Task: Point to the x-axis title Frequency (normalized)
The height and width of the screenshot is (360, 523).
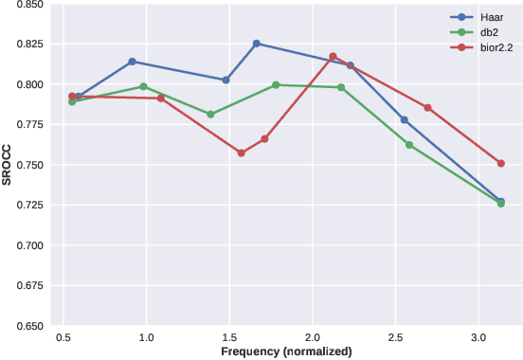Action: (x=286, y=351)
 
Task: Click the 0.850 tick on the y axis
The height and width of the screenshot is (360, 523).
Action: (x=28, y=5)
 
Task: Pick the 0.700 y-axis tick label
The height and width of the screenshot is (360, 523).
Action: (x=28, y=245)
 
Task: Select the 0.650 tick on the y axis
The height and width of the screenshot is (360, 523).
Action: (x=28, y=326)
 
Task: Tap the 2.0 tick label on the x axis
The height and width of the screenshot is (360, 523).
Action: (x=312, y=337)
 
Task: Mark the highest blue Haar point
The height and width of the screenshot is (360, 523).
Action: (x=256, y=44)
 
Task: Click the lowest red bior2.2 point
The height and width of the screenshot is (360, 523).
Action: (x=241, y=153)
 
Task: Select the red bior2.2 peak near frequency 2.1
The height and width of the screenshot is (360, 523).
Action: (x=333, y=57)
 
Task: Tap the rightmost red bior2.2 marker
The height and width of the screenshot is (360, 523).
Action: (x=501, y=163)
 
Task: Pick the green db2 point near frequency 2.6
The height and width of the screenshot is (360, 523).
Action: (x=409, y=145)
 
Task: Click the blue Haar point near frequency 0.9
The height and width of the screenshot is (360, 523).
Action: (x=132, y=62)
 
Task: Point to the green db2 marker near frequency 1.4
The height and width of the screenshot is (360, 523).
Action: (x=210, y=115)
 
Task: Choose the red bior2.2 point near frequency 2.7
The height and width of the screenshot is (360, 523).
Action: (x=427, y=108)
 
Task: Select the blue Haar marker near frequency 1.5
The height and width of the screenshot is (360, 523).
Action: (x=225, y=81)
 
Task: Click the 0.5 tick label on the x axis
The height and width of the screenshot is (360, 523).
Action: (x=63, y=337)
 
